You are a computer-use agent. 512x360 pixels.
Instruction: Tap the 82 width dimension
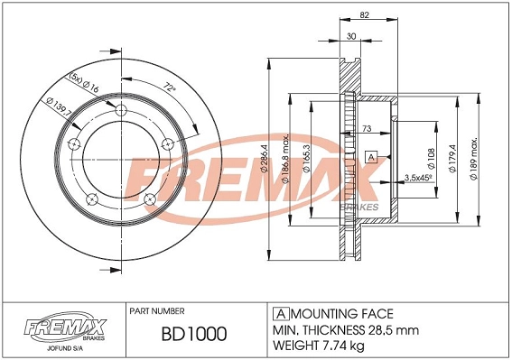click(x=364, y=15)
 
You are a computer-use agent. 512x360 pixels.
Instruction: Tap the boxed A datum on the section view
click(x=370, y=158)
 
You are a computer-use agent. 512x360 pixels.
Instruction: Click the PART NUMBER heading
click(x=158, y=309)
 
